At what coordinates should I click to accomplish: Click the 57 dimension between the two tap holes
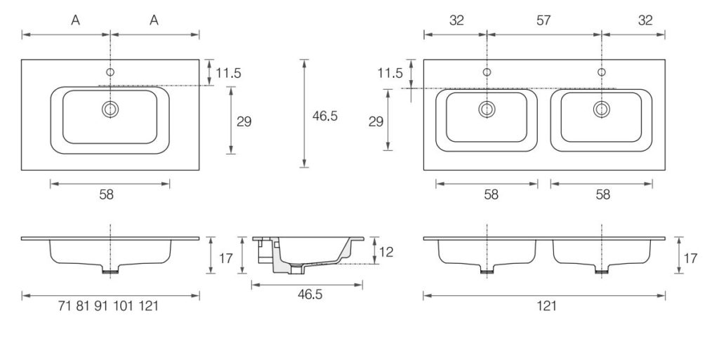pos(543,20)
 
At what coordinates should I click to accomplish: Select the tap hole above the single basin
pos(110,72)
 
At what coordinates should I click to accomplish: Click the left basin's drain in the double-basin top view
pos(487,109)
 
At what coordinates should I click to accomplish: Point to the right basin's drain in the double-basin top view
pos(601,109)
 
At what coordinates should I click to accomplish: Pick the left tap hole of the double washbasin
pos(487,72)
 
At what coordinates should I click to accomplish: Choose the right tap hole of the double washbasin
pos(601,72)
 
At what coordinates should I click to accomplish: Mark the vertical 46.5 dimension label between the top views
pos(325,116)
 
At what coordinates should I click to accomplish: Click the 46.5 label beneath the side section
pos(306,295)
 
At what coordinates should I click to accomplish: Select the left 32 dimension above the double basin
pos(456,20)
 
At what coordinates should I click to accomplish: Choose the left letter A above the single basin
pos(75,20)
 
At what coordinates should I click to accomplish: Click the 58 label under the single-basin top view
pos(106,194)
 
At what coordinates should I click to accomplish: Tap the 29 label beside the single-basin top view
pos(244,122)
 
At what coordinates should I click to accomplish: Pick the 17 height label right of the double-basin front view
pos(690,258)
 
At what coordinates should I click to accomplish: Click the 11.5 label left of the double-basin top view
pos(390,73)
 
